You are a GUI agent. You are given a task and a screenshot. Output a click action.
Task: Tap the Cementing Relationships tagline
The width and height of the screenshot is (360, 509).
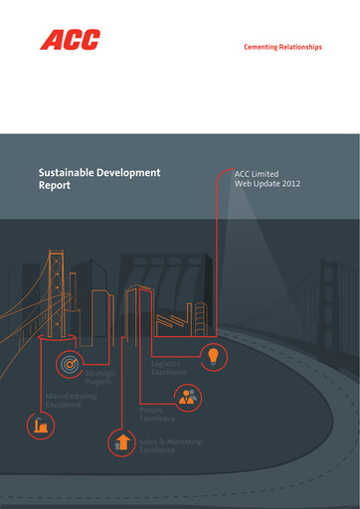tap(282, 47)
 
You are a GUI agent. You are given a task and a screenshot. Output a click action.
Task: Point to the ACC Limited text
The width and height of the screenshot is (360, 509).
tap(258, 173)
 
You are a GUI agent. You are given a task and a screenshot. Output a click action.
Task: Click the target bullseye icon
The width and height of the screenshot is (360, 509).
tap(70, 364)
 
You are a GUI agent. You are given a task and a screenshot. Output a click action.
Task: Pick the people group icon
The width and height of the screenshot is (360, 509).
tap(187, 398)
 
